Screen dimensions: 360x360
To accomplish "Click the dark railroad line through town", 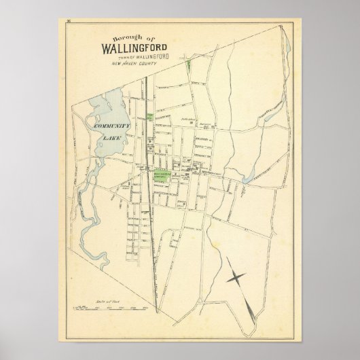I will click(148, 204).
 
